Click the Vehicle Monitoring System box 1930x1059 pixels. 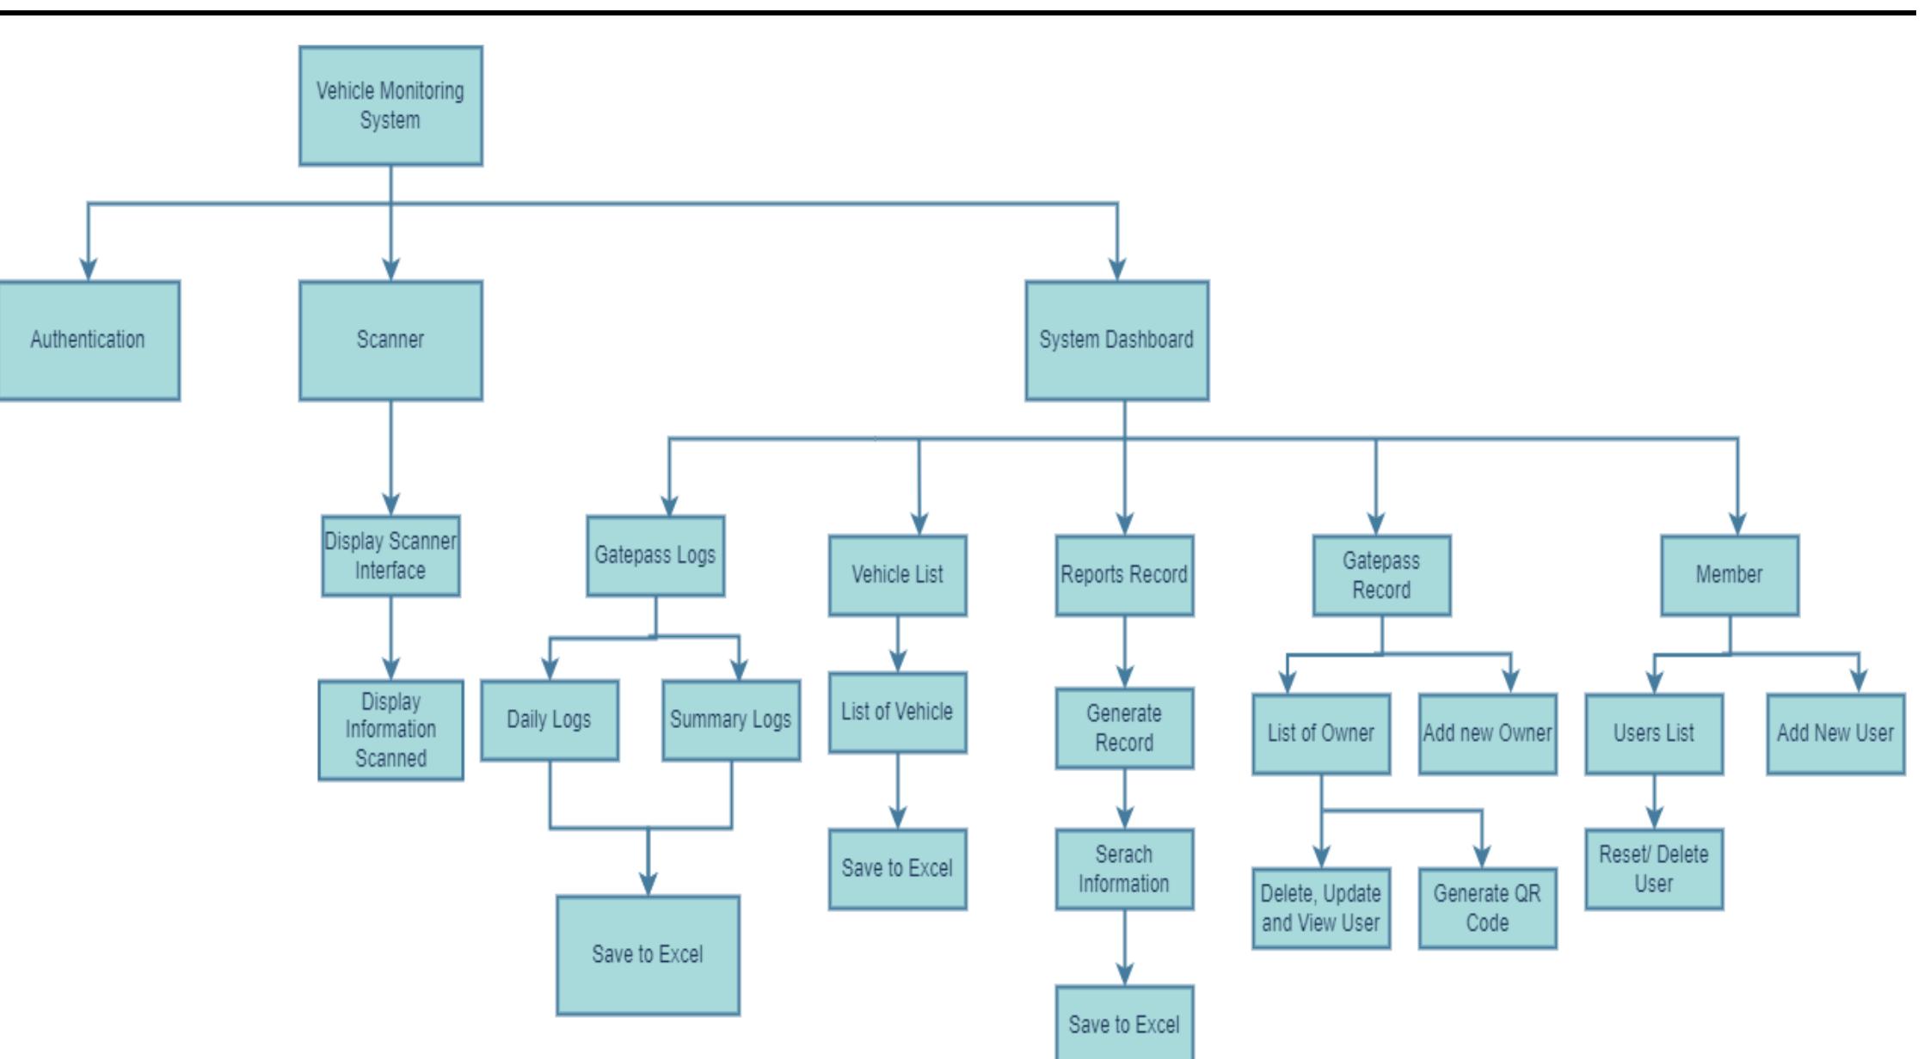(x=390, y=106)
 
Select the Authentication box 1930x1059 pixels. (x=88, y=340)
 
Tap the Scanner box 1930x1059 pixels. (x=390, y=340)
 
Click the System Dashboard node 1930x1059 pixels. (x=1116, y=340)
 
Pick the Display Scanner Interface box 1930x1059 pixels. (x=390, y=555)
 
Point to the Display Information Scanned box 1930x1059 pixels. (x=390, y=730)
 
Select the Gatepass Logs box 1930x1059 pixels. (x=655, y=555)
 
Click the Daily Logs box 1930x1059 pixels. (x=549, y=719)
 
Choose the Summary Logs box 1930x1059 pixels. (x=731, y=719)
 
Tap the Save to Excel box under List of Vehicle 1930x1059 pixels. (x=897, y=868)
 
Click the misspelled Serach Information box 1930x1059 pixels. (x=1124, y=868)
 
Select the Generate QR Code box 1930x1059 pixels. (x=1487, y=908)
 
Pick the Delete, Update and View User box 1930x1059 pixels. (x=1321, y=908)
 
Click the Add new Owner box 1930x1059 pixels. (x=1487, y=733)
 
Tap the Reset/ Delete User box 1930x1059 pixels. (x=1654, y=868)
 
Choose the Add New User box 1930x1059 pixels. (x=1835, y=733)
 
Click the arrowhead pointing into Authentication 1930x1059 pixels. (x=88, y=268)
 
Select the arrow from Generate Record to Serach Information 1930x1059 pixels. (x=1125, y=799)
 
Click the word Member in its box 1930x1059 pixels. (x=1729, y=574)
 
